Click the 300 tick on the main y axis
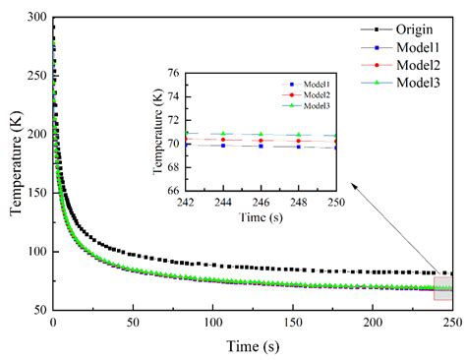click(x=35, y=18)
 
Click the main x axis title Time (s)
click(x=251, y=345)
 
